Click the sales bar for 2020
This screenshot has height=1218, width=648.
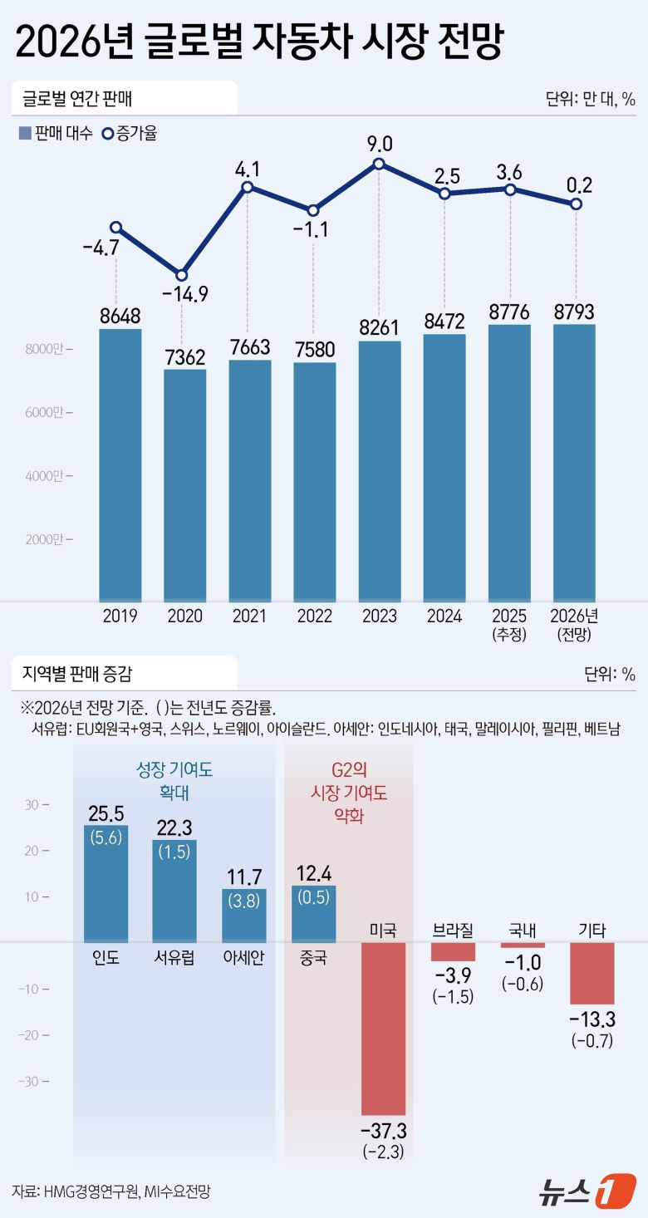pyautogui.click(x=185, y=485)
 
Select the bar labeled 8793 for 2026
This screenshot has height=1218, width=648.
pyautogui.click(x=575, y=463)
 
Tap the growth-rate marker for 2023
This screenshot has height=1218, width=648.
pyautogui.click(x=380, y=165)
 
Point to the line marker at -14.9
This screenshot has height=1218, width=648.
pyautogui.click(x=182, y=276)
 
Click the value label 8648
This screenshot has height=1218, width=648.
pyautogui.click(x=120, y=316)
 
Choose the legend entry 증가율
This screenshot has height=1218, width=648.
pyautogui.click(x=129, y=133)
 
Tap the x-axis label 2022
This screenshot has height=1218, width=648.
pyautogui.click(x=315, y=616)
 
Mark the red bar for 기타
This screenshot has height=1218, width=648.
pyautogui.click(x=592, y=973)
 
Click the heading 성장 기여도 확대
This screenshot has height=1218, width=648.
pyautogui.click(x=174, y=782)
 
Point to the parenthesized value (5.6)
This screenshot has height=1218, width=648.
pyautogui.click(x=106, y=838)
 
